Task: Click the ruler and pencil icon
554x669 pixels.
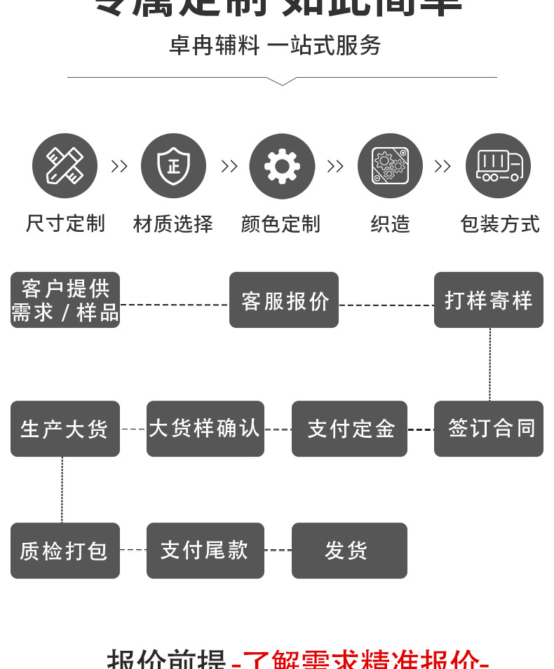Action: (65, 166)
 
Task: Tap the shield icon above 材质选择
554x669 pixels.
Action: (173, 166)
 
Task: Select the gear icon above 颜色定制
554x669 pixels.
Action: (282, 166)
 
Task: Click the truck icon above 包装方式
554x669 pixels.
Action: (499, 166)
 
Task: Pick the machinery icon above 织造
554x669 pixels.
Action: (390, 166)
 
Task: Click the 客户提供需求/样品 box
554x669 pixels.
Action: (65, 300)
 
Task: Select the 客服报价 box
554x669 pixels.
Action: (284, 300)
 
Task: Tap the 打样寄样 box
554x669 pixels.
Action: (489, 300)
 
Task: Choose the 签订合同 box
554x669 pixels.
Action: (489, 429)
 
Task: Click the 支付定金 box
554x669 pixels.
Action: (349, 429)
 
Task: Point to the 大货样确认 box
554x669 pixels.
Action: (205, 429)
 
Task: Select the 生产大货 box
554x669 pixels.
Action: (65, 429)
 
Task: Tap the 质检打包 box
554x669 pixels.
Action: (65, 551)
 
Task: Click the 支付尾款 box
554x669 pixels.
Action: (205, 551)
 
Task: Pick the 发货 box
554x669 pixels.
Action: (349, 551)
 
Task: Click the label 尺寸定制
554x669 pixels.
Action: (65, 224)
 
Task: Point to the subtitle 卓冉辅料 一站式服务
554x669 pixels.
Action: (275, 46)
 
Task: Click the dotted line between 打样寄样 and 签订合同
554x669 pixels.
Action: (489, 364)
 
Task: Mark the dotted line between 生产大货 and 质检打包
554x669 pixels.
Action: (62, 490)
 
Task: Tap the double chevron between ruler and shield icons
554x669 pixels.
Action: (119, 166)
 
